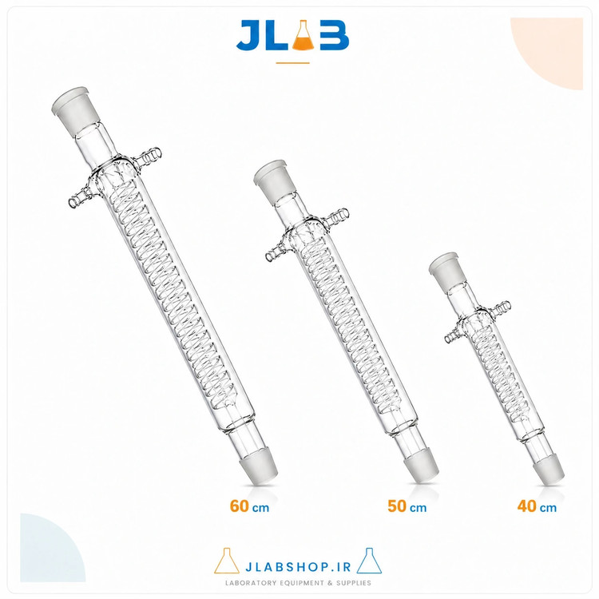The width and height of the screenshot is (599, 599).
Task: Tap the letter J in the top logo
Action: pos(249,35)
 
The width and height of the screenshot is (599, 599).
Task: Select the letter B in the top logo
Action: pos(335,35)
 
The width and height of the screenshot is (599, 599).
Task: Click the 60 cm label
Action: pos(249,506)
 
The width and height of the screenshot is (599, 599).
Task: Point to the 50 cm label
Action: pos(407,506)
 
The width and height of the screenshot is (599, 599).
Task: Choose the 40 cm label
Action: pos(537,506)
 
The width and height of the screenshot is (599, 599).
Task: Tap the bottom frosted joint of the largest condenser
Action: pos(256,466)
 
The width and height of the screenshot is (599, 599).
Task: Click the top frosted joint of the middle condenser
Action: pos(273,179)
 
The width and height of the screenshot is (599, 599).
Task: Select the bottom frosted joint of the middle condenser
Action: pos(421,468)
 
